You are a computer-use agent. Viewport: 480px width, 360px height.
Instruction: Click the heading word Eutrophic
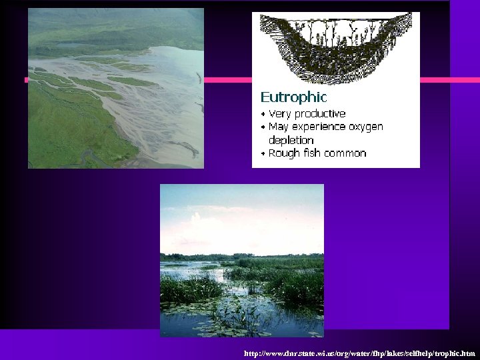[x=293, y=97]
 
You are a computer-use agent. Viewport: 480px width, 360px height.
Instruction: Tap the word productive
[x=320, y=114]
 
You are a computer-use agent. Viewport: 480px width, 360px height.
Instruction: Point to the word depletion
[x=291, y=140]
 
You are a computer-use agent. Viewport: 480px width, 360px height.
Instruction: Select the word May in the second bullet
[x=279, y=127]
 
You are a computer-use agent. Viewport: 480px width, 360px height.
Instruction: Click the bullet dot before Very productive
[x=263, y=115]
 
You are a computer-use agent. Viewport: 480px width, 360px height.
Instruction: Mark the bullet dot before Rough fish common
[x=263, y=154]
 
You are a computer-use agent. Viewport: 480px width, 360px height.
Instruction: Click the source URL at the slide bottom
[x=359, y=353]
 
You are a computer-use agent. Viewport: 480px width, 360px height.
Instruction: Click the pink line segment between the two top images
[x=227, y=80]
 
